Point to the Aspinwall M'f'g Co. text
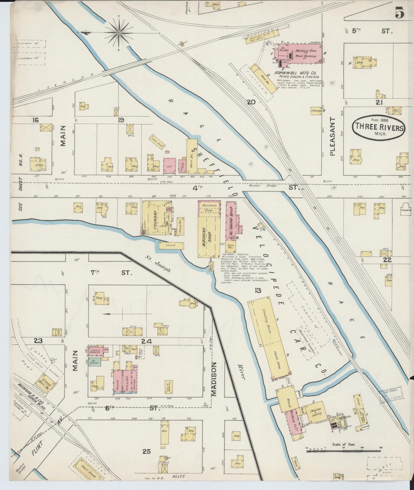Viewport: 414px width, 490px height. [294, 72]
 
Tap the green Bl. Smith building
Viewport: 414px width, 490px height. [95, 362]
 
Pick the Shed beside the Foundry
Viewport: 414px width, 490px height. [171, 246]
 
